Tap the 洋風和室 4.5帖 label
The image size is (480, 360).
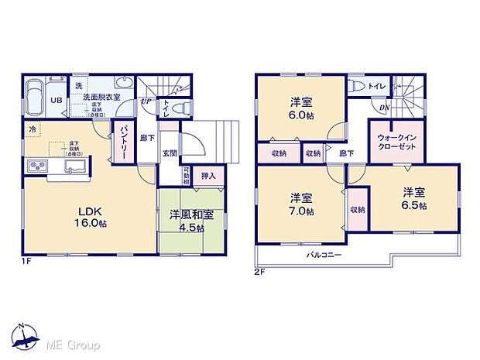click(x=183, y=223)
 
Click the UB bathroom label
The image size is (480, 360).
click(x=57, y=100)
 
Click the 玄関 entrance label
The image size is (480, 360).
click(x=170, y=153)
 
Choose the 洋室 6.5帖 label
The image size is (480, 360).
click(x=413, y=200)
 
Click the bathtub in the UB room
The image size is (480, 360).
click(x=36, y=99)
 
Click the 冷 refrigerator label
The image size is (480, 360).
click(x=33, y=129)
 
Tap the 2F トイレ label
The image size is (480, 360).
click(x=377, y=86)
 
